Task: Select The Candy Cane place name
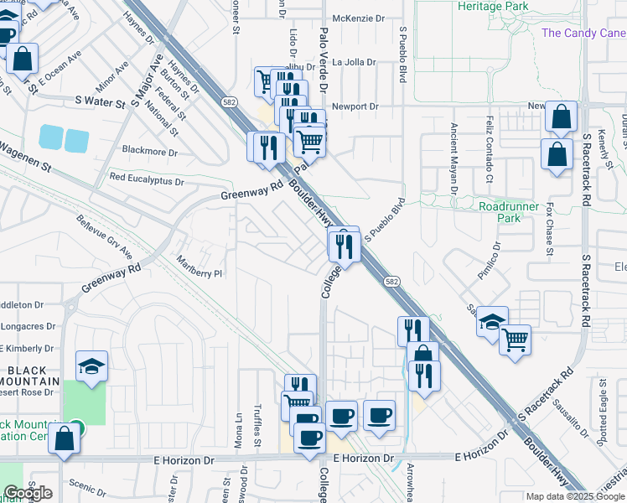tap(583, 34)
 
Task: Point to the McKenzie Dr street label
tap(357, 18)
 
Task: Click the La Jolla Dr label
tap(355, 62)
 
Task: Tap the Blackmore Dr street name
tap(150, 153)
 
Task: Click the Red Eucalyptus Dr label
tap(146, 179)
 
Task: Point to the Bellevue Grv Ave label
tap(105, 239)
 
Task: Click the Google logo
tap(28, 493)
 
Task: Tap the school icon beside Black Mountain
tap(92, 366)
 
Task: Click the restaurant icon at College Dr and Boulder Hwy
tap(344, 245)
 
